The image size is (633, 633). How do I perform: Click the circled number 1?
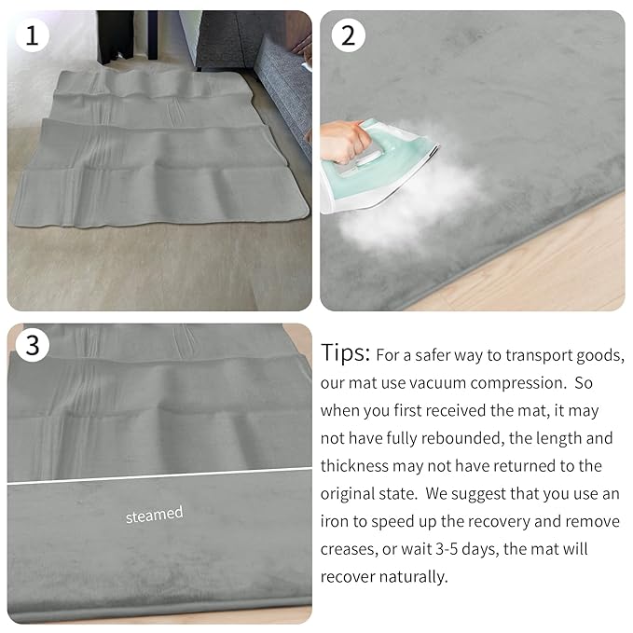(33, 36)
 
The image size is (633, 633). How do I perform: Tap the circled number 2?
(349, 36)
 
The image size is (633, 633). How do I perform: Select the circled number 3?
(33, 346)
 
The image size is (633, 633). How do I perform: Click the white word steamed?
(155, 514)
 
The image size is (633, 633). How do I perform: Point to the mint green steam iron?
(382, 163)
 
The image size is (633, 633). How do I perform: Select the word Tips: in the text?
(346, 354)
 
